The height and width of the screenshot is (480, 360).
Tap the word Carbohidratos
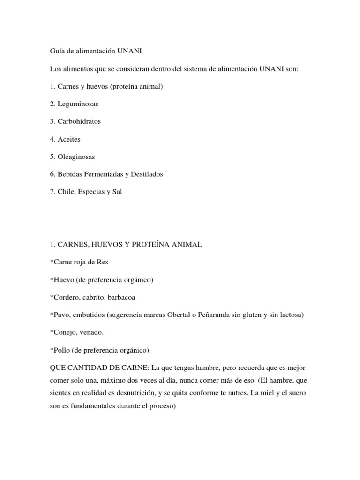[x=79, y=121]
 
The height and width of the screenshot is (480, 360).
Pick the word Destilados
[x=146, y=174]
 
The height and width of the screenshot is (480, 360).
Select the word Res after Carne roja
[x=103, y=262]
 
